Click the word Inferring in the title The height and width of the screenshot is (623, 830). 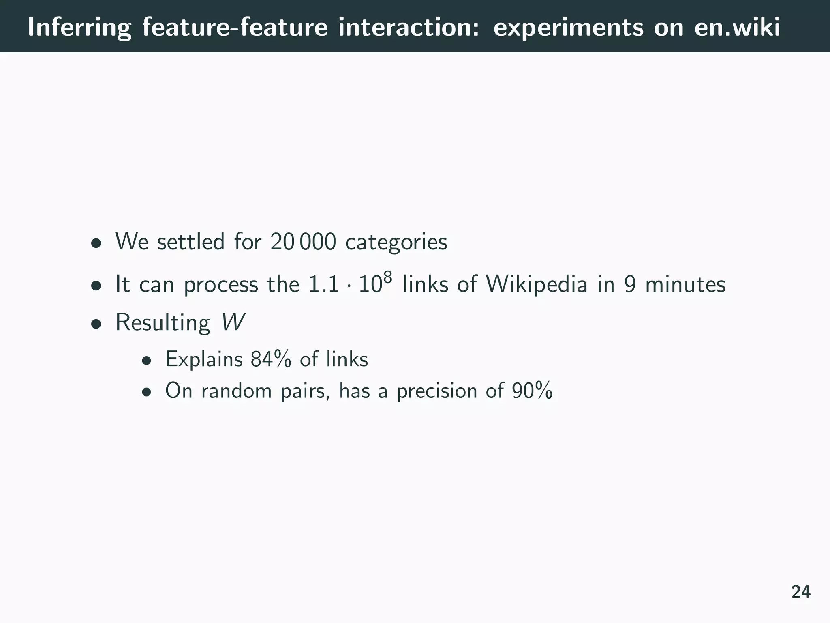pos(79,28)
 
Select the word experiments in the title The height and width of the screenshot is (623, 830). pos(568,28)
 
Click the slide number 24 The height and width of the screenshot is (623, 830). pos(801,592)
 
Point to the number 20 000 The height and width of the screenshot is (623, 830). pos(303,242)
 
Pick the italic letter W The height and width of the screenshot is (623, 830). pos(233,322)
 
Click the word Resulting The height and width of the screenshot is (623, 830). pos(163,323)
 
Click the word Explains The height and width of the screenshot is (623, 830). pos(204,359)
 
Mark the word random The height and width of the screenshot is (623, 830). pos(236,391)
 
